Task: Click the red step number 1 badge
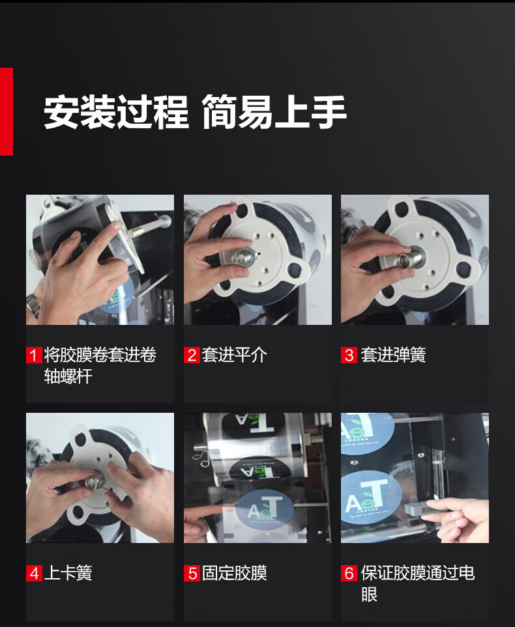34,355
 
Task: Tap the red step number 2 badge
192,355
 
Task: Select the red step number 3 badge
349,355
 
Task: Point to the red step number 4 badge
34,573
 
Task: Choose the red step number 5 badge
192,573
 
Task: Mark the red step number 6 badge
349,573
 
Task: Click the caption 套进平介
234,355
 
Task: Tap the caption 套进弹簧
393,355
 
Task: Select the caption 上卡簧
68,573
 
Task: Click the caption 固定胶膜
234,573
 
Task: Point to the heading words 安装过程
116,112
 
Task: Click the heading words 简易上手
274,112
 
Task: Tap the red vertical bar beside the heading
7,111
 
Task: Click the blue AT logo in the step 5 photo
264,509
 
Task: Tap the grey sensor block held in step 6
418,509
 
